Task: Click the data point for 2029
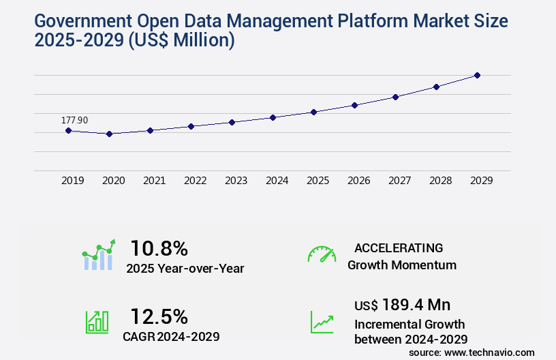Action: point(477,75)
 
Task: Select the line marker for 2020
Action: point(109,134)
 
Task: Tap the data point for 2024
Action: point(273,117)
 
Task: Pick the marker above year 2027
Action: point(395,97)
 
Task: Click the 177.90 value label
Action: point(75,120)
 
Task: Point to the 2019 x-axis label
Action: point(73,181)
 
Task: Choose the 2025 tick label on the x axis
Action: point(318,181)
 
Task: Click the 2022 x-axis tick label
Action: point(196,181)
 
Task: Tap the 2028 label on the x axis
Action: point(441,181)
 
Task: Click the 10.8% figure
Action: point(159,248)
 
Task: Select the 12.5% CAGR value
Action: point(159,316)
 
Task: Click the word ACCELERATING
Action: point(399,248)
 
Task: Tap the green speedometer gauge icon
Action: point(322,254)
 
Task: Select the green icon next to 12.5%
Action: point(97,322)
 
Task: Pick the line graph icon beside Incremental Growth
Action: point(322,322)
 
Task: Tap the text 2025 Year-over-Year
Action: point(185,269)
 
